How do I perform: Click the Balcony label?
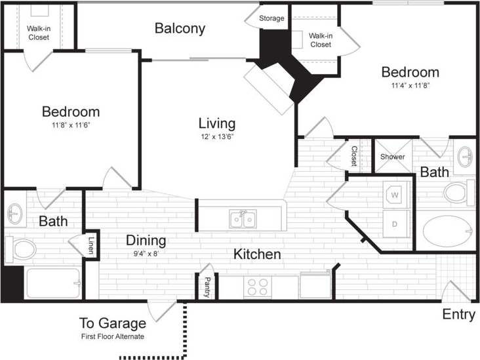tap(180, 28)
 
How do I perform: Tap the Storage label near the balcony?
tap(271, 18)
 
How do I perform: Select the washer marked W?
tap(395, 195)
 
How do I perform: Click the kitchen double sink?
tap(242, 220)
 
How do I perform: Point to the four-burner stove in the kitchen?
tap(258, 287)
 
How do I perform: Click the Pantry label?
tap(206, 287)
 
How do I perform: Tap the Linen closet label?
tap(90, 245)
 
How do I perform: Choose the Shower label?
tap(393, 157)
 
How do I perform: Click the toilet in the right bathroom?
tap(456, 193)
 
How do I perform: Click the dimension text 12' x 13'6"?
tap(218, 137)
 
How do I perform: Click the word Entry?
tap(458, 315)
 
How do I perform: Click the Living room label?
tap(217, 123)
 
